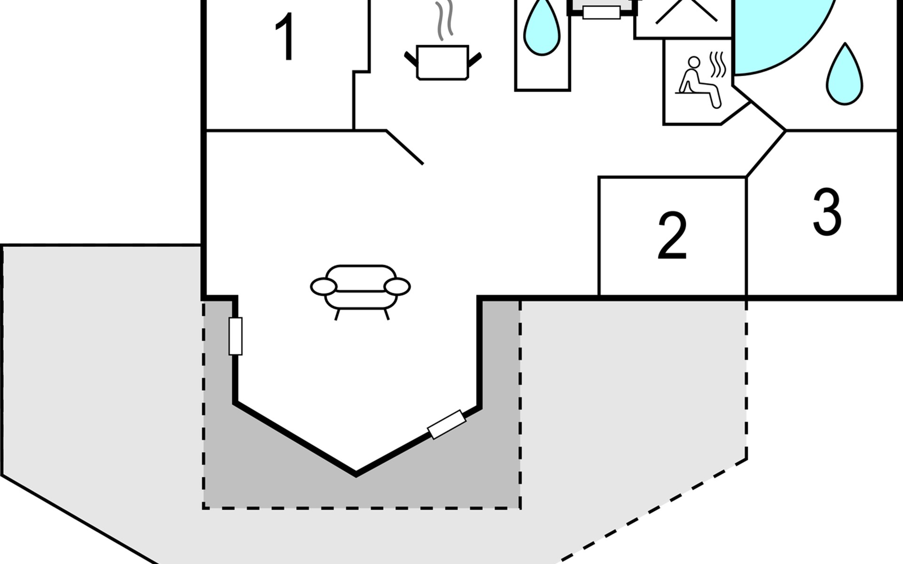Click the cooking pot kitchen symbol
443,63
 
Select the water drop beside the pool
845,74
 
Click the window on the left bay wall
236,336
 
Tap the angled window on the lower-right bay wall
446,424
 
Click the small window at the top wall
601,12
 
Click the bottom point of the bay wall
356,475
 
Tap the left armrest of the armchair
324,286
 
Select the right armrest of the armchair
397,286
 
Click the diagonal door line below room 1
404,147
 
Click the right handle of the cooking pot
475,60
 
